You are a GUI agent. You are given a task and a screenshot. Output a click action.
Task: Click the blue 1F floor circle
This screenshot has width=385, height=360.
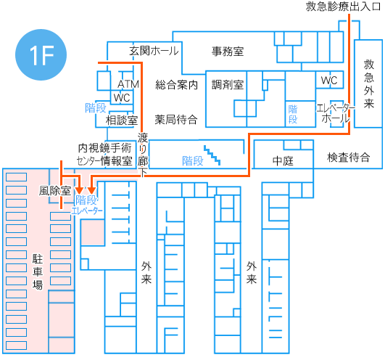click(x=41, y=54)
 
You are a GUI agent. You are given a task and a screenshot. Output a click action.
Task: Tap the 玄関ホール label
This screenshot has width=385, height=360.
click(x=154, y=51)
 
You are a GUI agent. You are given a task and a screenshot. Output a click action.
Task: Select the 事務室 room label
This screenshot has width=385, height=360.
click(x=228, y=52)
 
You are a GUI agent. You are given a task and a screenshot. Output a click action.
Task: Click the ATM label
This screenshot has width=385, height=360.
click(x=128, y=84)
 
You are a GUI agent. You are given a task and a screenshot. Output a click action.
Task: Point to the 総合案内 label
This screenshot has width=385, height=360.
click(x=176, y=85)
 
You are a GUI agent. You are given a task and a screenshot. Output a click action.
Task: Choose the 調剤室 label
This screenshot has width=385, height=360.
click(x=228, y=85)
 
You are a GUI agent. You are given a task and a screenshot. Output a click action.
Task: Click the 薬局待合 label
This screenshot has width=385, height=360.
click(x=176, y=120)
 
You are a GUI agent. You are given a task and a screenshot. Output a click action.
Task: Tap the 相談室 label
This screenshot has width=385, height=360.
click(x=122, y=120)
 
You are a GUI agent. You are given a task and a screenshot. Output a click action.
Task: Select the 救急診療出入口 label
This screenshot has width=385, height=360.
click(x=343, y=7)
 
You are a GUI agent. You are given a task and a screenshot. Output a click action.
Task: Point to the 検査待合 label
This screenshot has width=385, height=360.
click(x=349, y=157)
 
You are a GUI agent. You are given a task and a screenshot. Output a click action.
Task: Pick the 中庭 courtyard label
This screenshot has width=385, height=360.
click(x=283, y=161)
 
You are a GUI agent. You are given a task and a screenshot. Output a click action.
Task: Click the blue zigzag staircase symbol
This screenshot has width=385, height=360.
click(x=212, y=155)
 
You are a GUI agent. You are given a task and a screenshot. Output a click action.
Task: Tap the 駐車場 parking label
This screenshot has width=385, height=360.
click(x=38, y=271)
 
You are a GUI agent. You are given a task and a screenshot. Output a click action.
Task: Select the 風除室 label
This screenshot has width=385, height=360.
click(x=55, y=191)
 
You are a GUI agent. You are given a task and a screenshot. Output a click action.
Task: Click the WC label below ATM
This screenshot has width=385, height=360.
click(x=122, y=98)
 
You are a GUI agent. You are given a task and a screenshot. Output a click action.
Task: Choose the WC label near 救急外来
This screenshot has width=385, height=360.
click(x=329, y=81)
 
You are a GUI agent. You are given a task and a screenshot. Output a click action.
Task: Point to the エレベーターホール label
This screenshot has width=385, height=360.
click(x=336, y=113)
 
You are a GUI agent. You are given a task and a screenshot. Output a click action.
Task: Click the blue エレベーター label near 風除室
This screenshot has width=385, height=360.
click(x=87, y=210)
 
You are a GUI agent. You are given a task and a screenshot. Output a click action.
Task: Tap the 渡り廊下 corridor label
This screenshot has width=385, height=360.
click(x=143, y=155)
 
